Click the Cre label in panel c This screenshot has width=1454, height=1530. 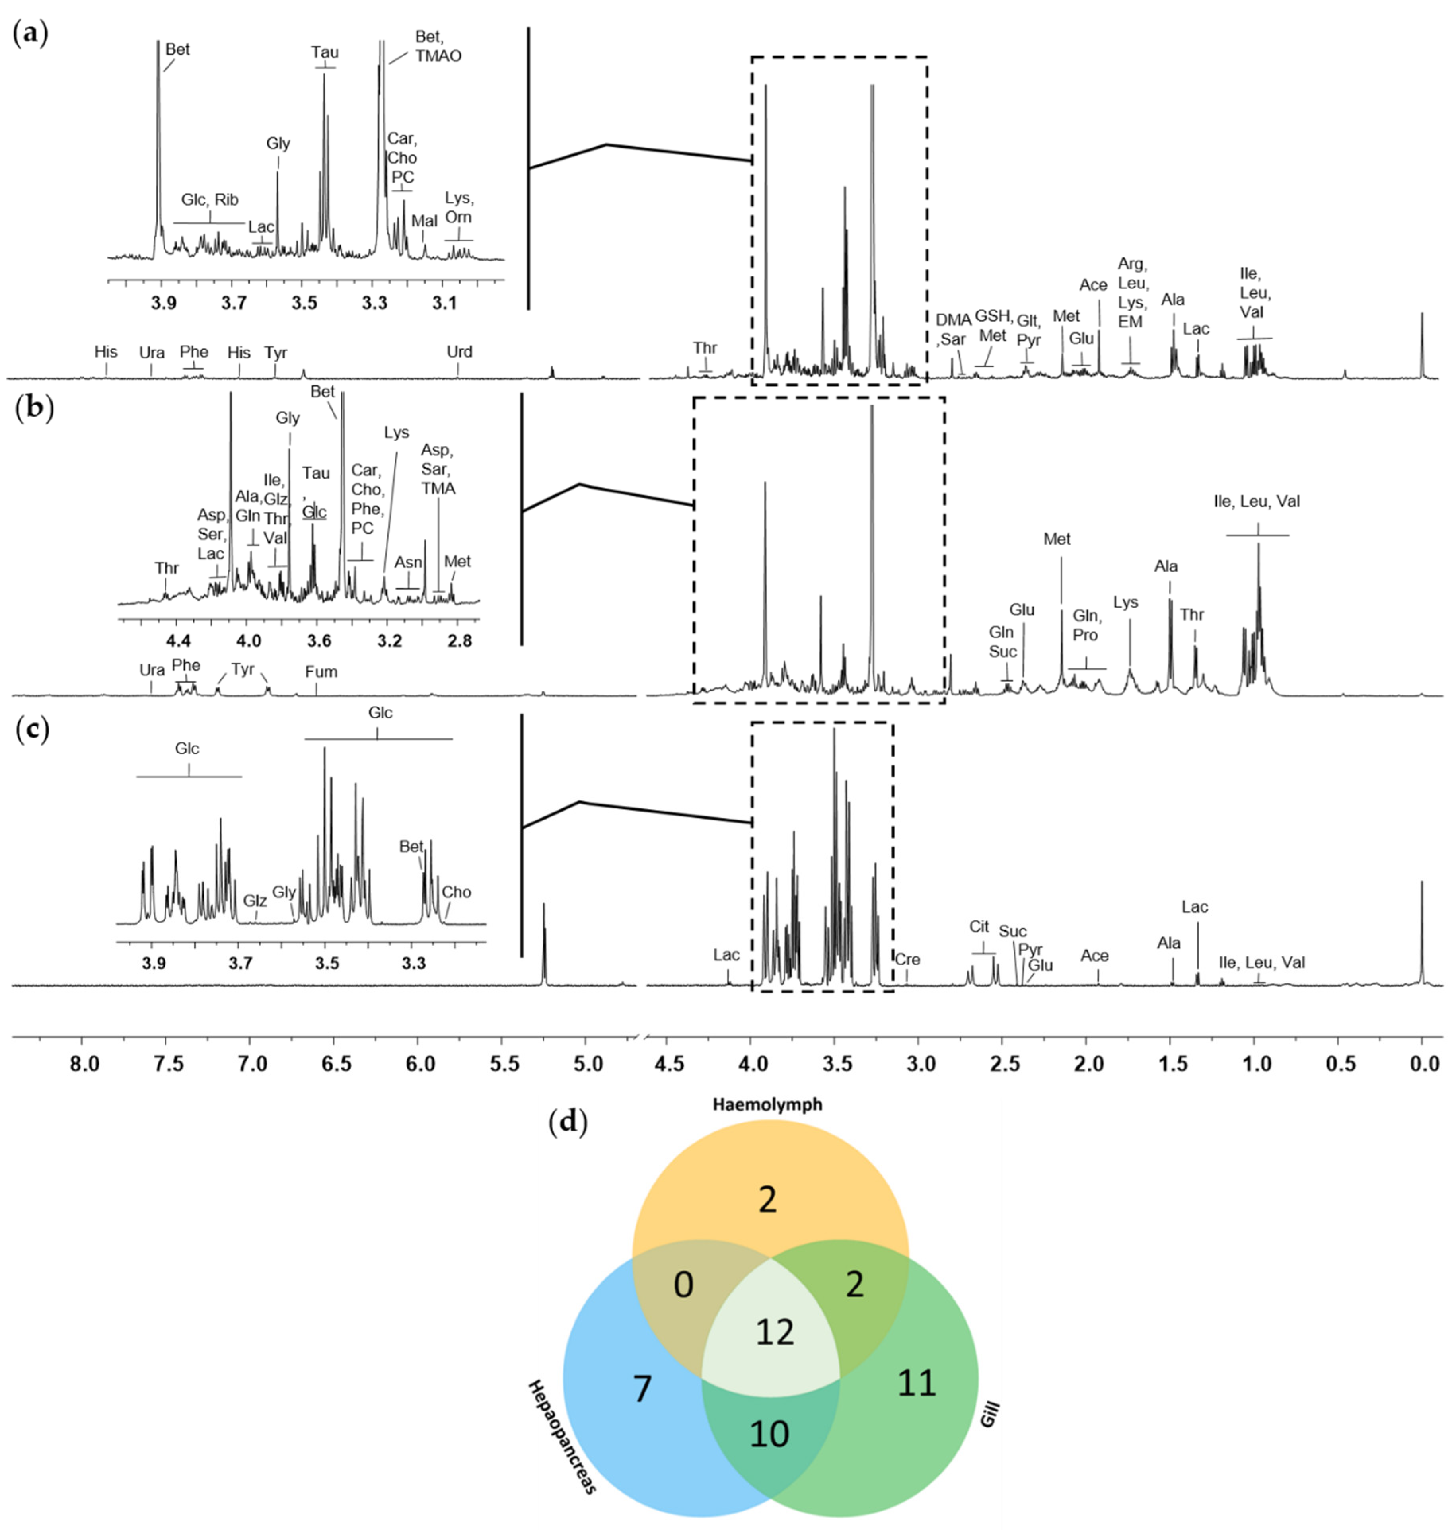coord(907,960)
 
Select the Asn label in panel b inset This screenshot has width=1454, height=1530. coord(409,563)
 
